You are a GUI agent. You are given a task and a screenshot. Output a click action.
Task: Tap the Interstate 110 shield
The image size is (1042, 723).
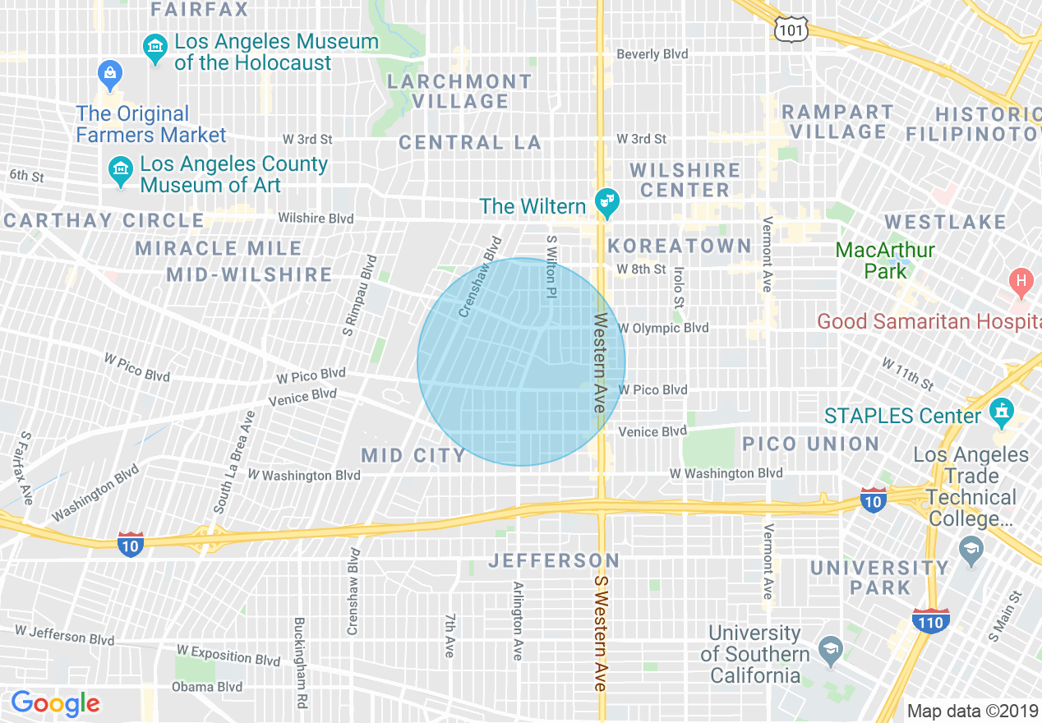(x=930, y=621)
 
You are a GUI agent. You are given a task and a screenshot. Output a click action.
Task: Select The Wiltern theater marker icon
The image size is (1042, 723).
(x=607, y=205)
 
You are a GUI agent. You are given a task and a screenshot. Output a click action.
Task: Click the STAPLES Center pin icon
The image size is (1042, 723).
(x=1000, y=413)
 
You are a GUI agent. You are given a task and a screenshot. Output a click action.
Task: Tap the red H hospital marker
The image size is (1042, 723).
(x=1021, y=283)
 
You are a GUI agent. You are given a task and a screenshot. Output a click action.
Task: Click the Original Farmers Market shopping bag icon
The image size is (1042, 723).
(x=109, y=76)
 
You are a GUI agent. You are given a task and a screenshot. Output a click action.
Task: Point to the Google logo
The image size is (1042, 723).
(x=55, y=703)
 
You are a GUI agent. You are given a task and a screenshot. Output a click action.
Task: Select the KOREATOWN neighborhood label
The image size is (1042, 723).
(x=680, y=246)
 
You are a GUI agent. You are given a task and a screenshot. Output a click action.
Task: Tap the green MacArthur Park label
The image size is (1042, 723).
(x=884, y=260)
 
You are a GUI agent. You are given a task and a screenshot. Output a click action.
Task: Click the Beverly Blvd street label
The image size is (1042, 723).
(x=652, y=54)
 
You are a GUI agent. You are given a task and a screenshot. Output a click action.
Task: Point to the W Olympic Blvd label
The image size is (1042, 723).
(x=662, y=328)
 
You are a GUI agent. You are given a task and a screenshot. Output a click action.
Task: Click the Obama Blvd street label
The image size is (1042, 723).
(x=206, y=687)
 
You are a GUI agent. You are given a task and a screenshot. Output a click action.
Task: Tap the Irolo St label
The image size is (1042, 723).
(x=679, y=287)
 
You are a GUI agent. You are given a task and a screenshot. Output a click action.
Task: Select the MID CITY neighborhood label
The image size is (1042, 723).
(x=413, y=455)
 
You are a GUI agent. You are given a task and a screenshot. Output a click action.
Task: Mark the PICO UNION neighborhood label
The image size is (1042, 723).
(x=810, y=444)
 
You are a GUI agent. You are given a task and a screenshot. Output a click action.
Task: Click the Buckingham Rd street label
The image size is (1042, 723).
(x=300, y=664)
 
